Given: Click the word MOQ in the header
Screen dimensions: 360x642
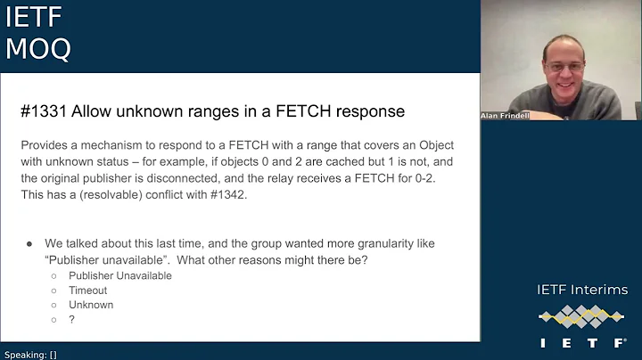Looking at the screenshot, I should [x=38, y=49].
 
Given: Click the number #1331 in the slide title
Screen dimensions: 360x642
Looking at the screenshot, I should [x=44, y=111].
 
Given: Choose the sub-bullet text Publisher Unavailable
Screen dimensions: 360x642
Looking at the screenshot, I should [x=119, y=275].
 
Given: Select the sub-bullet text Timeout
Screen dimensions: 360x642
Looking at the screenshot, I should [x=87, y=290].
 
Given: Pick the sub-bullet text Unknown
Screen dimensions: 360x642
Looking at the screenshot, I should [x=91, y=305].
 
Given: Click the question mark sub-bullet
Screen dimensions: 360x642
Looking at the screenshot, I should [x=71, y=319].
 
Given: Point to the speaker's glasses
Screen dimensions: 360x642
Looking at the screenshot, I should [x=566, y=67].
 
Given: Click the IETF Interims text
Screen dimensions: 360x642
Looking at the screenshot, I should [x=582, y=290].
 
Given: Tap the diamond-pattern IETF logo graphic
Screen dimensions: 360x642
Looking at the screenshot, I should [x=582, y=316].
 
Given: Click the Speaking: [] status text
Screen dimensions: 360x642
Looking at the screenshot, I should [x=30, y=354].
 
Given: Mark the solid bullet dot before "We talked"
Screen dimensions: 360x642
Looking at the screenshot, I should [x=29, y=243].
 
